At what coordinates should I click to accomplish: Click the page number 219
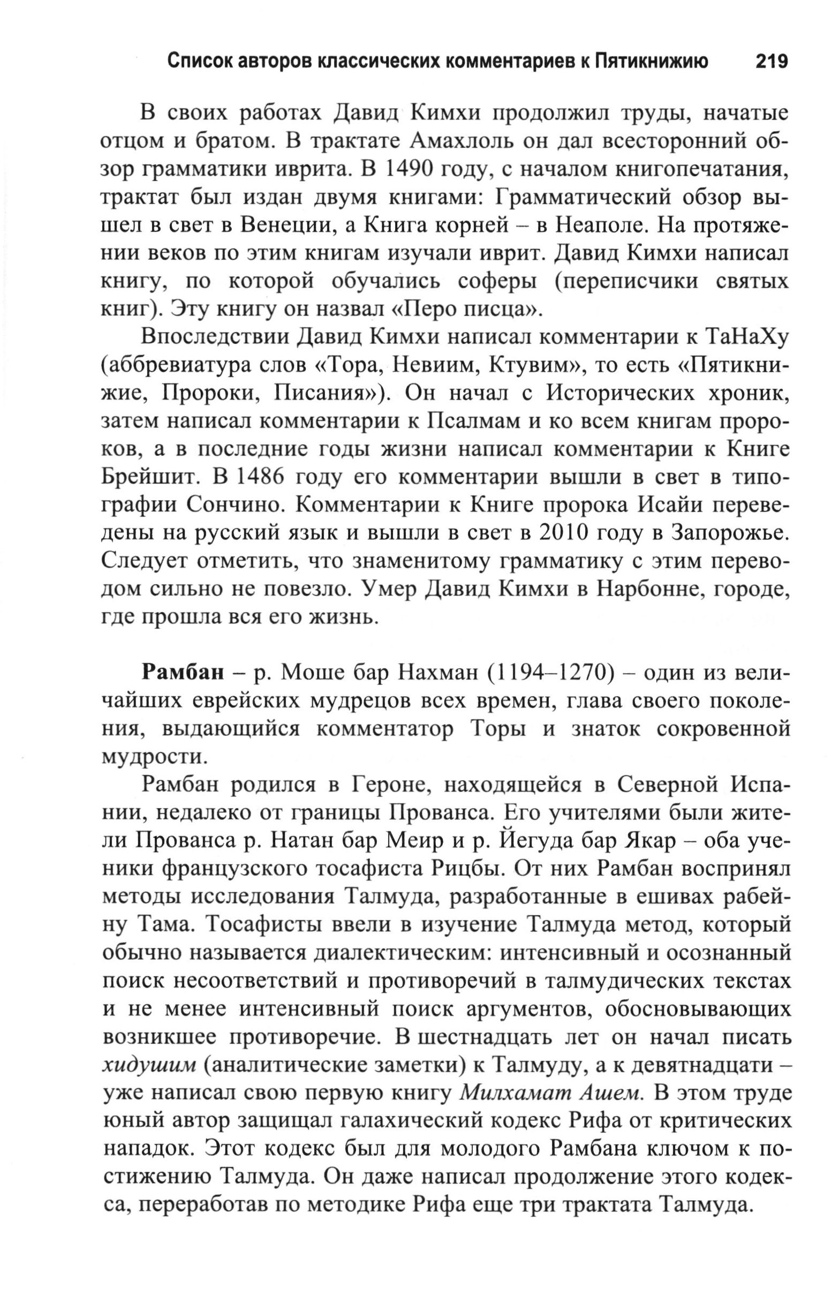click(771, 61)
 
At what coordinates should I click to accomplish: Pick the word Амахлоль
click(466, 141)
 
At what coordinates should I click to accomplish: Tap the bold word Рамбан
click(183, 673)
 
